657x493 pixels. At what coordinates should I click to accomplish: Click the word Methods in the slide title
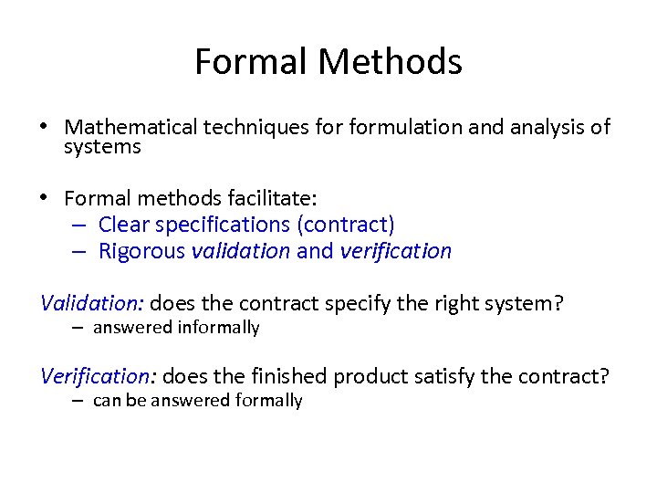click(x=391, y=62)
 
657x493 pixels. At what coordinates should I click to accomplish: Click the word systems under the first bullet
click(x=102, y=146)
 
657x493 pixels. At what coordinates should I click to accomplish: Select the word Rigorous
click(x=141, y=251)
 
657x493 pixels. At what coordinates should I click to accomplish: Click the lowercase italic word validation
click(x=241, y=251)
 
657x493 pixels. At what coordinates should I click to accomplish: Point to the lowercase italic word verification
click(x=395, y=251)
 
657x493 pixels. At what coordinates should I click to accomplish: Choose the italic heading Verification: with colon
click(x=99, y=376)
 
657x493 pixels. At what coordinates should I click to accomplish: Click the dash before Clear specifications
click(x=78, y=225)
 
